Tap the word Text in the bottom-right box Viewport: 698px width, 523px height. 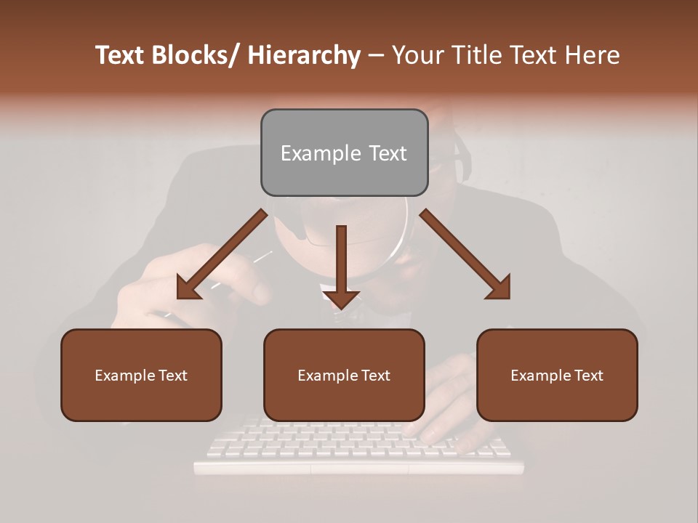tap(588, 376)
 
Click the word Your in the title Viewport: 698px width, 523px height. tap(417, 56)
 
